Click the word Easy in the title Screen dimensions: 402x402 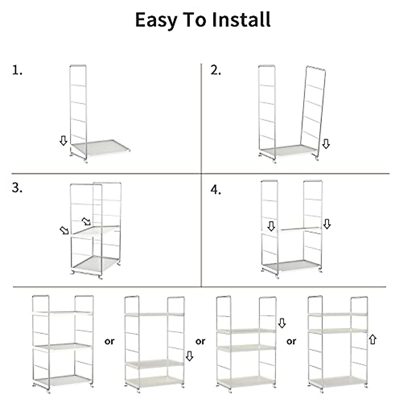156,20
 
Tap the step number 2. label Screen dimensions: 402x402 216,70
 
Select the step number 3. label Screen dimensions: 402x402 17,188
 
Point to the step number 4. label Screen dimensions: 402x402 216,190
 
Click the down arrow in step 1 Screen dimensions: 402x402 63,141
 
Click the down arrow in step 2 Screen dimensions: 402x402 326,144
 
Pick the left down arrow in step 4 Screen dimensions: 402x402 271,226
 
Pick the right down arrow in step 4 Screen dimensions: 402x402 327,224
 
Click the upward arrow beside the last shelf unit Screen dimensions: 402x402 372,339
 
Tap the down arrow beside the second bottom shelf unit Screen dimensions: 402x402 189,356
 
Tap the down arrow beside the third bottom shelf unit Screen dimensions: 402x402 282,323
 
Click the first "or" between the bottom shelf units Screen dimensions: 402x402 109,342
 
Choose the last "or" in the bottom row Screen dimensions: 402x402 291,341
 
